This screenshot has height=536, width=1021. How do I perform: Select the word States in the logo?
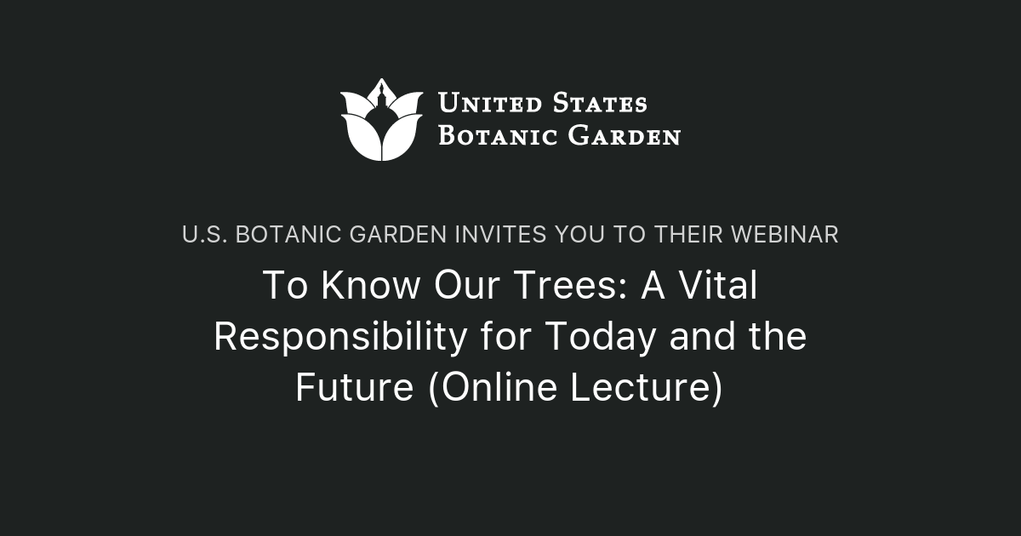point(599,104)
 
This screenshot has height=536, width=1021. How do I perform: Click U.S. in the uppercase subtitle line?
point(204,235)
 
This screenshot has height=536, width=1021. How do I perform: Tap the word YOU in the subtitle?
point(583,235)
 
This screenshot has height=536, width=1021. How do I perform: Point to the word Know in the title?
point(363,286)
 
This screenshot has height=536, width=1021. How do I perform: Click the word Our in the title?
point(463,286)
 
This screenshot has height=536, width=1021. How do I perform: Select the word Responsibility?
point(339,337)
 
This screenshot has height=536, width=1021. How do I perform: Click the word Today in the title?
point(601,337)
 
